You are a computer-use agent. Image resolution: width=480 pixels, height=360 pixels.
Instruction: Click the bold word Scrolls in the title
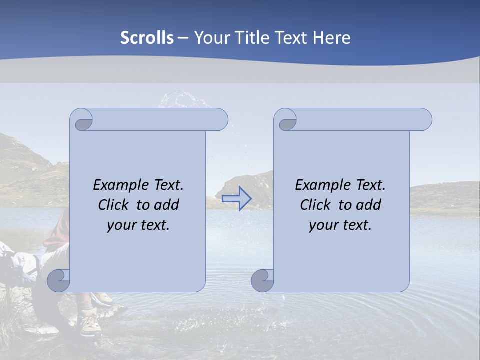[147, 38]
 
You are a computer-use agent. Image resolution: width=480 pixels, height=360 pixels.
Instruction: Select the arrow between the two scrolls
[236, 199]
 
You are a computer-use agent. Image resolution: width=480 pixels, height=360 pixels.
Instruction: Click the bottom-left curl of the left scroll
[58, 280]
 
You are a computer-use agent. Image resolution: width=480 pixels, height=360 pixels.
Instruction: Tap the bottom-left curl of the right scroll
[262, 280]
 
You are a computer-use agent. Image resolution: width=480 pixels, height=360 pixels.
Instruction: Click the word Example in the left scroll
[118, 185]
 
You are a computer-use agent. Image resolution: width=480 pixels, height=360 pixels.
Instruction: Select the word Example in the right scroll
[320, 185]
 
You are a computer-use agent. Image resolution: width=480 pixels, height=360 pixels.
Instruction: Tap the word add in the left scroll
[167, 205]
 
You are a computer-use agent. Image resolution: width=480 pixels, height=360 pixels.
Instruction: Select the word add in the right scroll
[369, 205]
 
